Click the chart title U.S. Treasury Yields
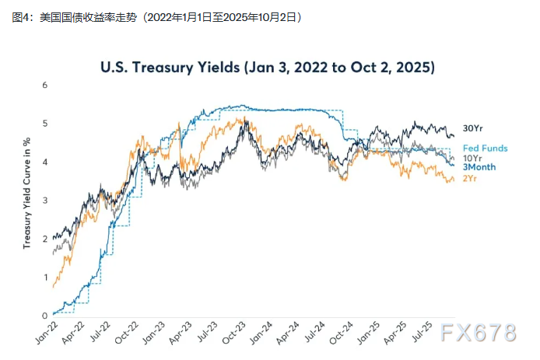point(268,68)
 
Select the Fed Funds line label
point(486,148)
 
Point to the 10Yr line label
point(472,158)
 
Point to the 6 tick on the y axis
point(45,85)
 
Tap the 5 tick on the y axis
point(45,123)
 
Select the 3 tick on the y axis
point(45,200)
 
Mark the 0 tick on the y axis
point(45,315)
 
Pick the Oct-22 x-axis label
point(128,333)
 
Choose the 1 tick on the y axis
point(45,277)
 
